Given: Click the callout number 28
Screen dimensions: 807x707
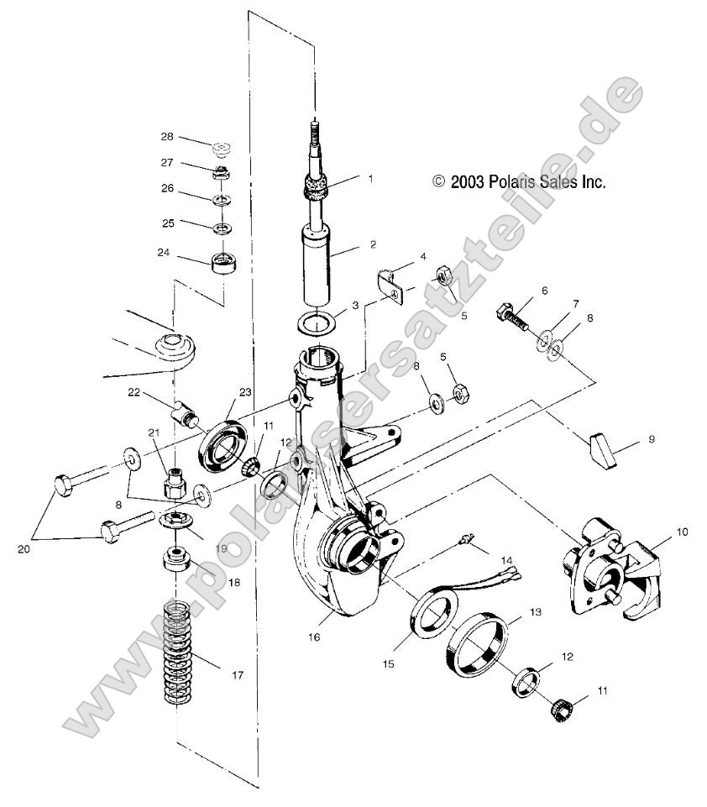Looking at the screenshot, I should click(x=168, y=136).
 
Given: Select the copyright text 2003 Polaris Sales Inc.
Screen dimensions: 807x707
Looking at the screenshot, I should click(x=519, y=181).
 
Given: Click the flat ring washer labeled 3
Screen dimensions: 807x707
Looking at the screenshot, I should click(x=317, y=322).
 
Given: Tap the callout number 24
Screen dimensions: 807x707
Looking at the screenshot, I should click(x=165, y=251).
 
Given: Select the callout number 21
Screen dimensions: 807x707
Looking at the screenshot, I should click(x=154, y=432).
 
